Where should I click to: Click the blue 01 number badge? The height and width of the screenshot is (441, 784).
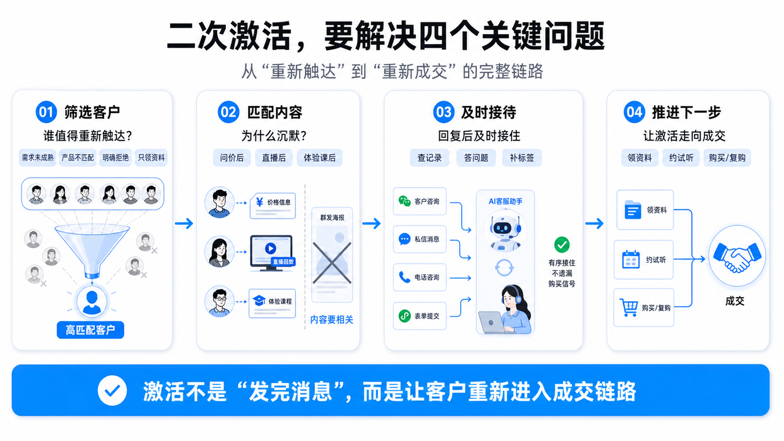pyautogui.click(x=46, y=112)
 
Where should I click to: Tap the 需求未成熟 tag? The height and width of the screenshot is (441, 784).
pyautogui.click(x=37, y=157)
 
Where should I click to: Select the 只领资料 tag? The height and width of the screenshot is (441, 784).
pyautogui.click(x=151, y=157)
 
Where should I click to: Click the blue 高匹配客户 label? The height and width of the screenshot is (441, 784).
pyautogui.click(x=90, y=330)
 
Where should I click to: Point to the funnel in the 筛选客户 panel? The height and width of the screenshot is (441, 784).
pyautogui.click(x=92, y=251)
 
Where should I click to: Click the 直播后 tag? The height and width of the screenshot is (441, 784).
pyautogui.click(x=274, y=158)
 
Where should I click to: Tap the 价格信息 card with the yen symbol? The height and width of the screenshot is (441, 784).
pyautogui.click(x=273, y=206)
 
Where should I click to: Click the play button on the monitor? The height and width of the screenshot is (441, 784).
pyautogui.click(x=270, y=249)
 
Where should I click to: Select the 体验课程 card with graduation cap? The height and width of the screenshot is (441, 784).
pyautogui.click(x=273, y=303)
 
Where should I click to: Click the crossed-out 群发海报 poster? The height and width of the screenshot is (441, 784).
pyautogui.click(x=332, y=254)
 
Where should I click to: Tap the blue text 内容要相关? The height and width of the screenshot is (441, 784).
pyautogui.click(x=331, y=320)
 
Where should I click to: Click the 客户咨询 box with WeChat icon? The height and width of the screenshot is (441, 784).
pyautogui.click(x=420, y=202)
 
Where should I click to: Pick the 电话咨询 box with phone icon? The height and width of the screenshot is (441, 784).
pyautogui.click(x=420, y=277)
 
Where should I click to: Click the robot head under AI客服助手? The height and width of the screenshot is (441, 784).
pyautogui.click(x=505, y=229)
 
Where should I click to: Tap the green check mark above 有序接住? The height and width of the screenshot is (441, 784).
pyautogui.click(x=562, y=244)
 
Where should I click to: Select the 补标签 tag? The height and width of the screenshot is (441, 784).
pyautogui.click(x=522, y=158)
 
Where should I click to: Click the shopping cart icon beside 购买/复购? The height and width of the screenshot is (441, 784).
pyautogui.click(x=628, y=307)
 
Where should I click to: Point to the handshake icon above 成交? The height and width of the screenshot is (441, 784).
pyautogui.click(x=737, y=257)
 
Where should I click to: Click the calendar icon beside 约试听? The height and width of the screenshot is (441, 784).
pyautogui.click(x=631, y=260)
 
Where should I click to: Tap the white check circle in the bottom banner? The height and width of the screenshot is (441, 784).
pyautogui.click(x=112, y=391)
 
